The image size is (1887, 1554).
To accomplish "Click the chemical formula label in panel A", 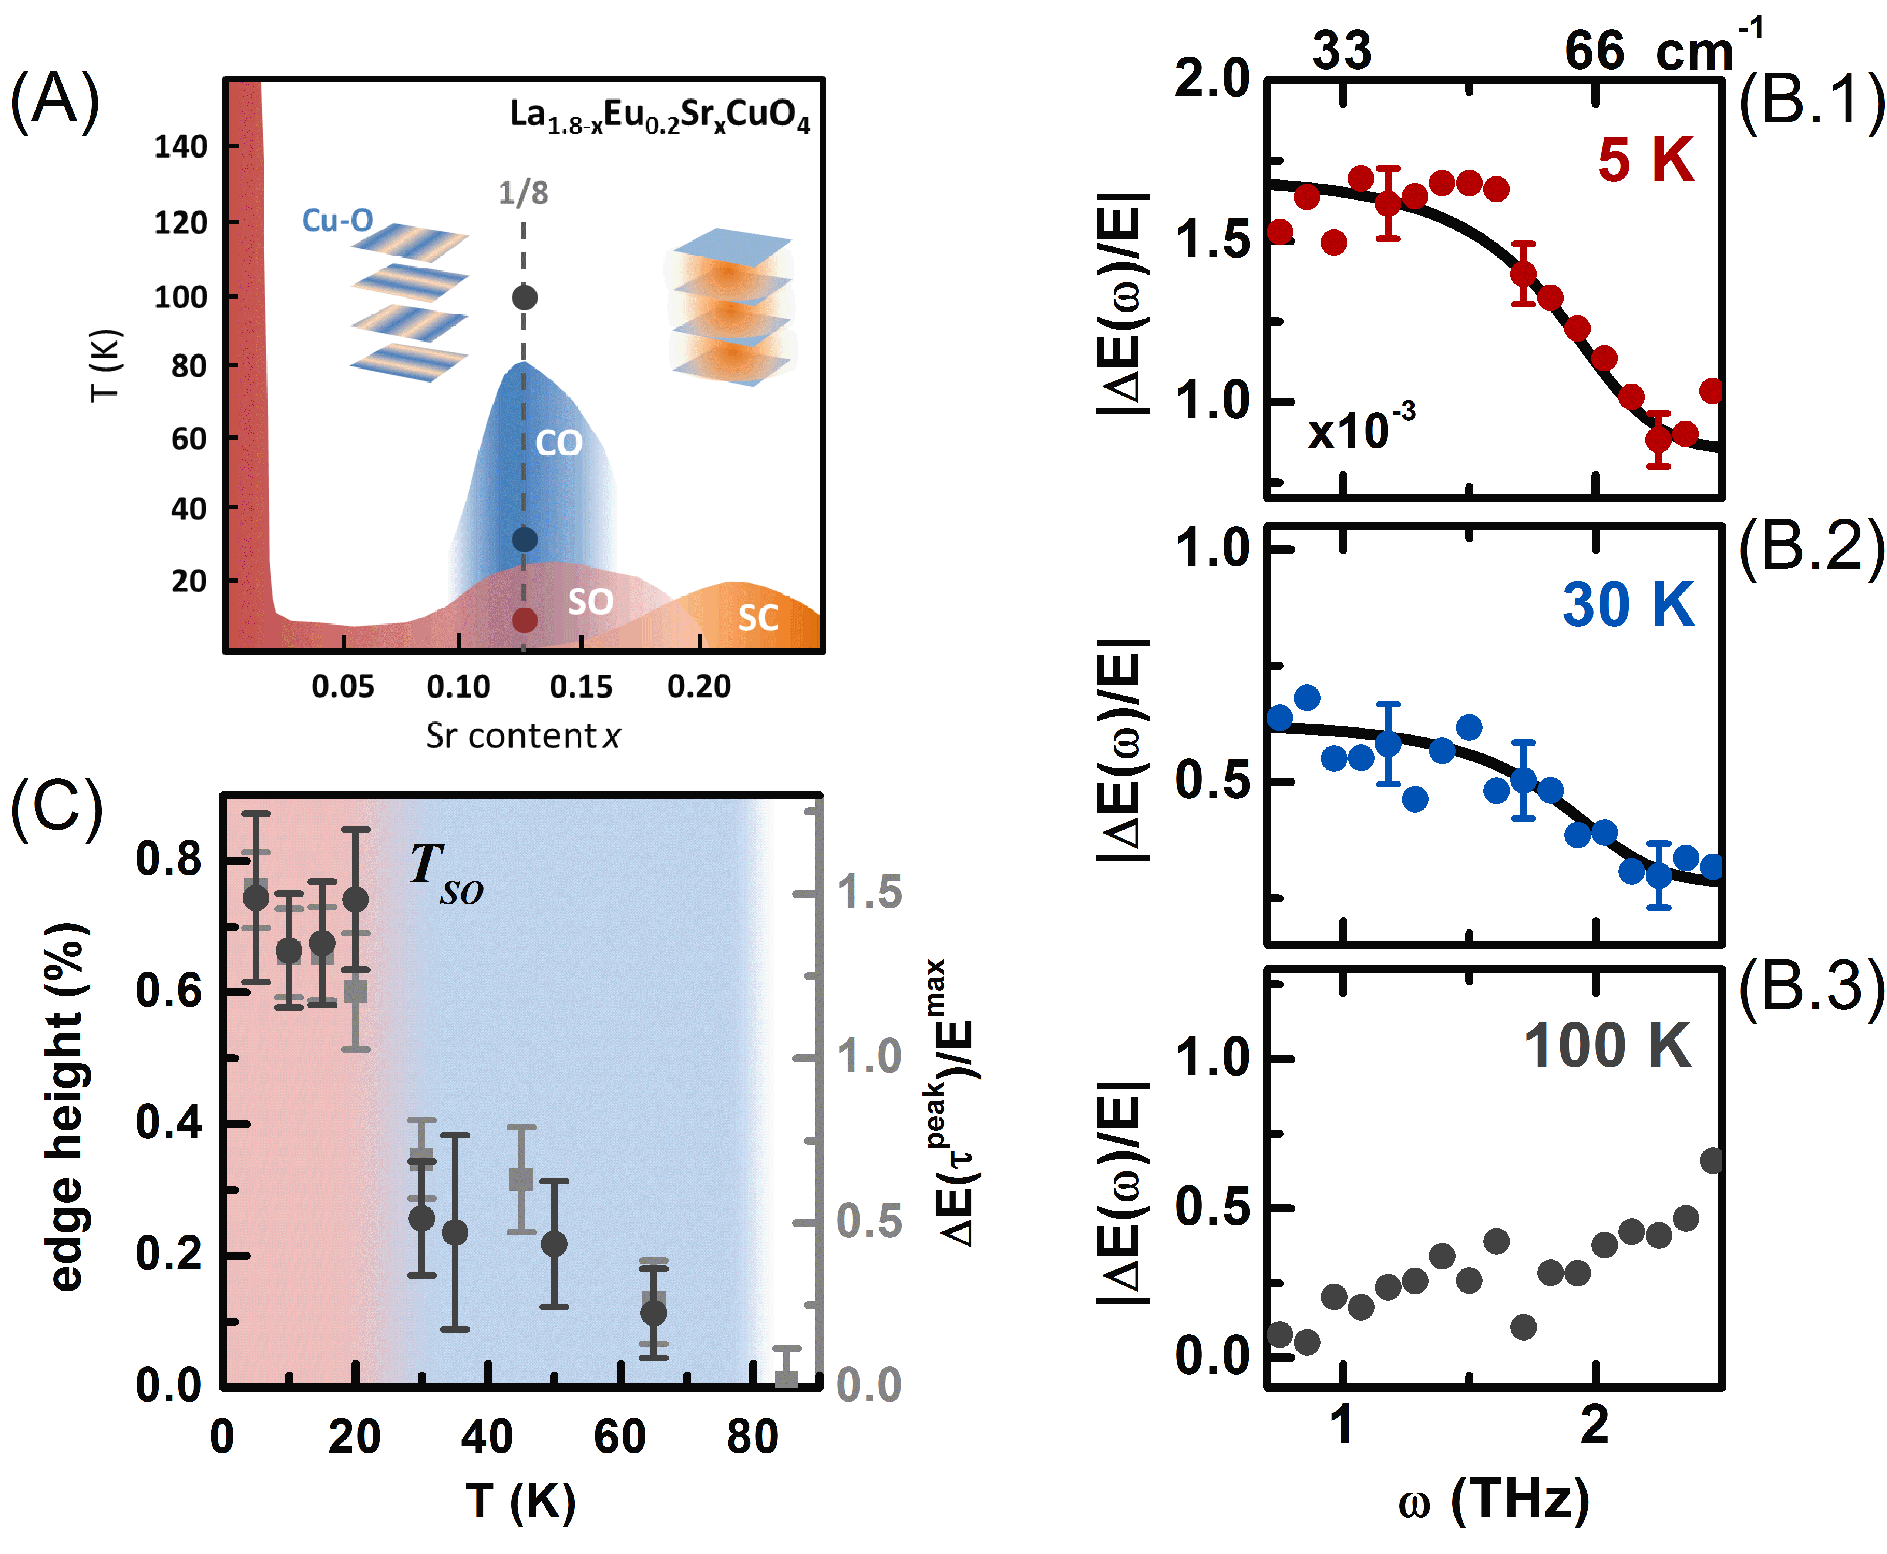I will tap(660, 117).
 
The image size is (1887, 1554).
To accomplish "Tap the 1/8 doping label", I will tap(524, 192).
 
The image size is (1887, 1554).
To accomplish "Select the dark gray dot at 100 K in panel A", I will tap(525, 297).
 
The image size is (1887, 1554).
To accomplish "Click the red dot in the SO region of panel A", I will tap(525, 619).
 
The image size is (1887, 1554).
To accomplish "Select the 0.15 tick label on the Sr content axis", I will tap(581, 687).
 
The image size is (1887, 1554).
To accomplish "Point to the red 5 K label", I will tap(1645, 161).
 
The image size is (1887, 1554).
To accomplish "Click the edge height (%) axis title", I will tap(67, 1106).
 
